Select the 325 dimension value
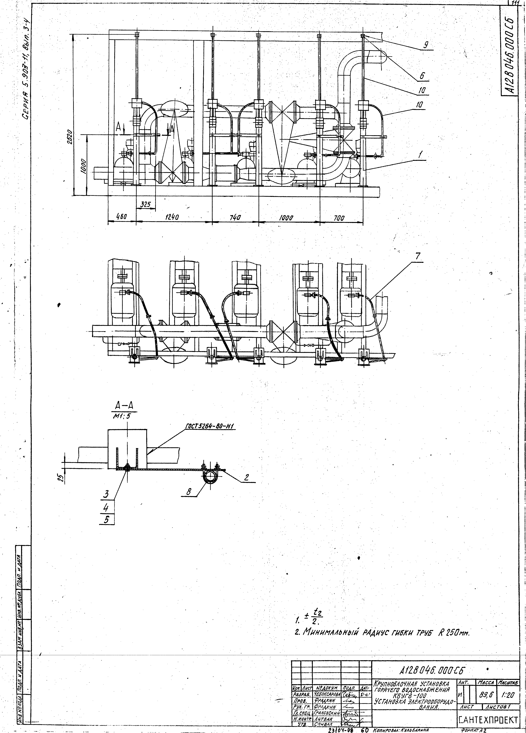[146, 204]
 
